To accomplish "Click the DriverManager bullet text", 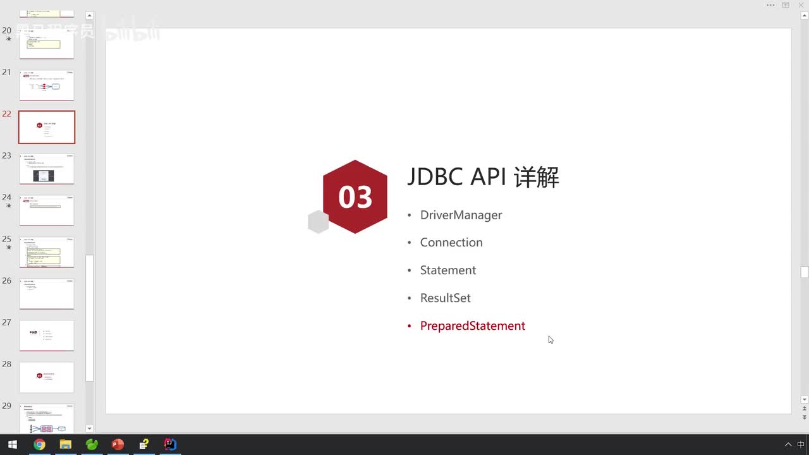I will [461, 215].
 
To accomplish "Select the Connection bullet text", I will [451, 243].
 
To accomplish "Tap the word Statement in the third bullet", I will [448, 270].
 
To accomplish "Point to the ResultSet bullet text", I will [445, 298].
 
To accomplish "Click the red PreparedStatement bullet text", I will [472, 326].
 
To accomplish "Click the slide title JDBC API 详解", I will [483, 178].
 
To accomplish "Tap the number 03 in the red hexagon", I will [355, 197].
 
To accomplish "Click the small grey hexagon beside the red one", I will [318, 222].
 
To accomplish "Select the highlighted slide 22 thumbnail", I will [47, 127].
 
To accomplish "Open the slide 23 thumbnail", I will [47, 169].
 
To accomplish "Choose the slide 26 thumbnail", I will [47, 294].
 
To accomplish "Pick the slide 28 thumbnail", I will [47, 377].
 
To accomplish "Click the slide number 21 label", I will [7, 72].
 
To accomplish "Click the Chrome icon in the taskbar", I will [39, 444].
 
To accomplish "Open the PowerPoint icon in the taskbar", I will [118, 444].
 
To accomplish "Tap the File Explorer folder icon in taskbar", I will [65, 444].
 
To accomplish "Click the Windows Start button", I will [13, 444].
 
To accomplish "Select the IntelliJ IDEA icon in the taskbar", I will [170, 444].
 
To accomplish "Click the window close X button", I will [801, 5].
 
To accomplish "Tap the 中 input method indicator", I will [801, 444].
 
